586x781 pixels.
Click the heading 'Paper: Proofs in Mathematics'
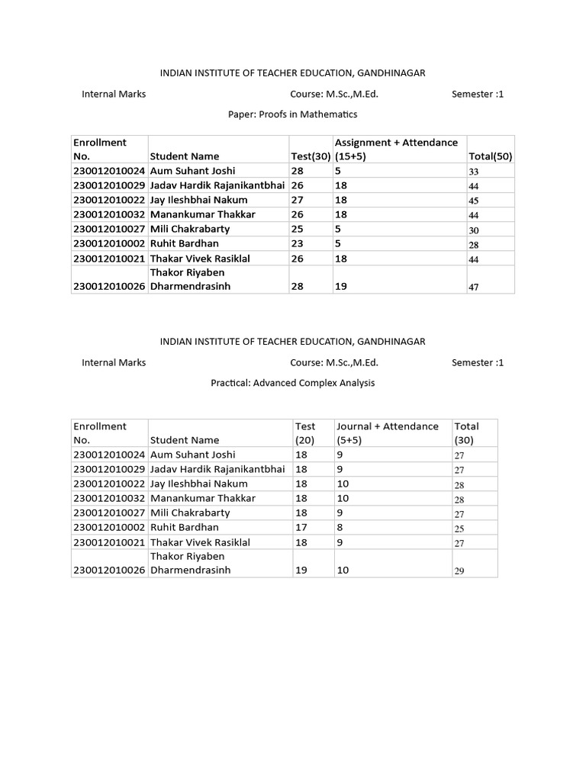coord(293,114)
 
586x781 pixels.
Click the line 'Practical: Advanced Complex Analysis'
coord(293,383)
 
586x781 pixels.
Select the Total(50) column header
coord(490,156)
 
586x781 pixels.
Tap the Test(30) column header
coord(311,156)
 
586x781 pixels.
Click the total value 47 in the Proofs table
coord(474,287)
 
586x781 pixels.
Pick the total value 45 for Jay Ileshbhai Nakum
coord(474,201)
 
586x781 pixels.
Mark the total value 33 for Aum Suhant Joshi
coord(474,172)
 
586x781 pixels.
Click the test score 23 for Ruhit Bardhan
coord(298,243)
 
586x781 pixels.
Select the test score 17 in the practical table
coord(301,527)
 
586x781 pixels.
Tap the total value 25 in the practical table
coord(459,528)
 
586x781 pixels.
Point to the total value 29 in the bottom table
coord(459,570)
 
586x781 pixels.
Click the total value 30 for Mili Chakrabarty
coord(474,230)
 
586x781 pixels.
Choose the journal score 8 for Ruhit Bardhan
coord(340,527)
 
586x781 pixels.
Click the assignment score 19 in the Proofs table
coord(341,286)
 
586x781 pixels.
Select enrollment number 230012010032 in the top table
coord(109,214)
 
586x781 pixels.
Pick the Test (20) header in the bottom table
coord(305,432)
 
